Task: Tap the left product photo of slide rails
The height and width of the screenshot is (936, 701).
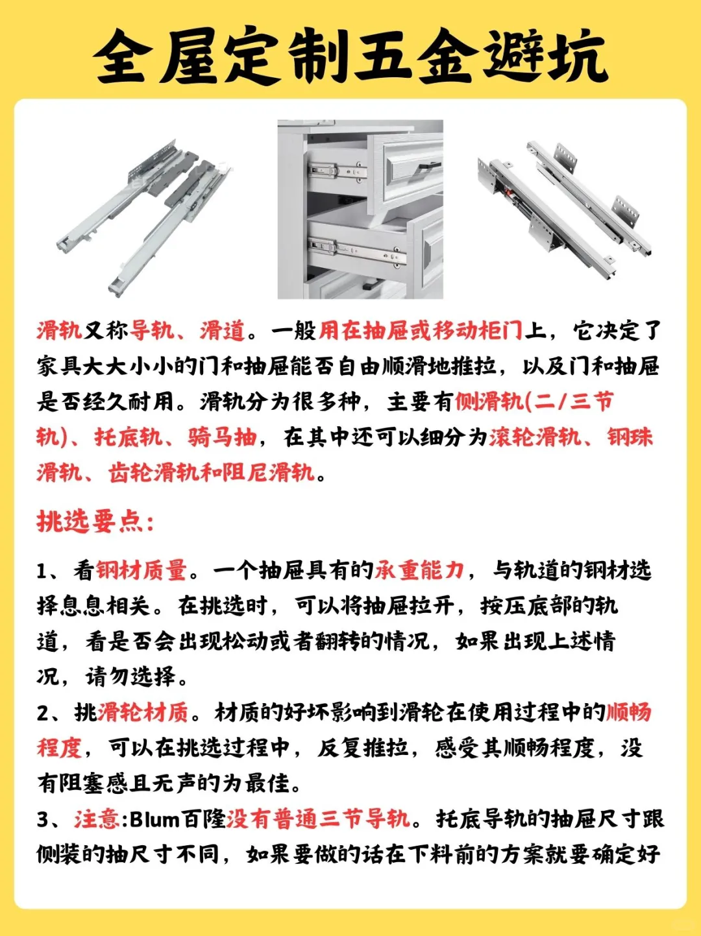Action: point(143,211)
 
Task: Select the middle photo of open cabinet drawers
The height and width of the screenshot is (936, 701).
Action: point(360,209)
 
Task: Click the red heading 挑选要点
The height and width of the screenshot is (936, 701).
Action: point(95,521)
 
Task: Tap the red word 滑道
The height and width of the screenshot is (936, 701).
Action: point(222,331)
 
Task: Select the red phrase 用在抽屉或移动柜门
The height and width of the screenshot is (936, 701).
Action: point(420,331)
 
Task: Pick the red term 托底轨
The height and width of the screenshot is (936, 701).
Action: point(129,437)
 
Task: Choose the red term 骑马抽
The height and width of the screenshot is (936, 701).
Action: point(223,437)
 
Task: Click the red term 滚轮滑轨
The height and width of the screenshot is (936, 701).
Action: point(535,437)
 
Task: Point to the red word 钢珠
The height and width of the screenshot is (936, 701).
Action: point(630,437)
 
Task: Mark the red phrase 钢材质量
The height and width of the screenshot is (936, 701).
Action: point(141,570)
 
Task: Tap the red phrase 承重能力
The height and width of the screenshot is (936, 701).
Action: point(420,570)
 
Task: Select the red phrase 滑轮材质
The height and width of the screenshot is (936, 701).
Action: point(143,712)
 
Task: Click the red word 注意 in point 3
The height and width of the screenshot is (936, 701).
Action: point(97,819)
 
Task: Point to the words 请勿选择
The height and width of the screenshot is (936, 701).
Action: point(130,677)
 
